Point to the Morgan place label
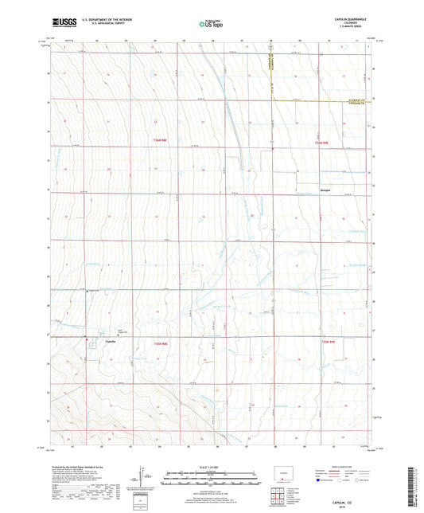point(326,190)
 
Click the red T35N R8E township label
point(161,343)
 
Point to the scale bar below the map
point(211,477)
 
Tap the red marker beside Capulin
point(87,341)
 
